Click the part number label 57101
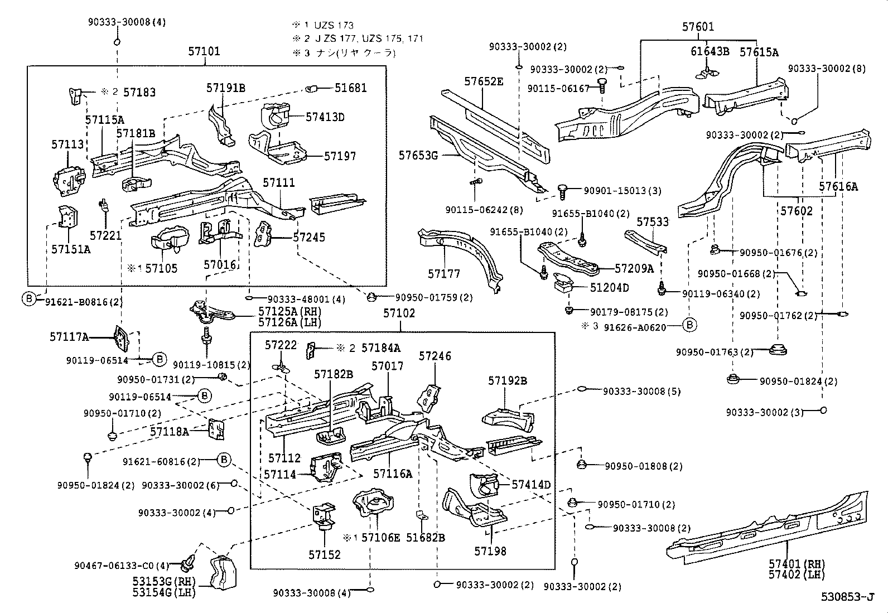(x=204, y=51)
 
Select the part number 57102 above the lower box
(x=399, y=313)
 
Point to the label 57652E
(x=484, y=81)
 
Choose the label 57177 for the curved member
(x=444, y=273)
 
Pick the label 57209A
(x=634, y=268)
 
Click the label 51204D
(x=610, y=288)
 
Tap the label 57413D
(x=325, y=117)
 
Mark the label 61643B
(x=710, y=52)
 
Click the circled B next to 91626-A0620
(x=690, y=325)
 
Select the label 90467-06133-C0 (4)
(x=122, y=566)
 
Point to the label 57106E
(x=380, y=538)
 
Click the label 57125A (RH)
(x=289, y=312)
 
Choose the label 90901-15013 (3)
(x=622, y=191)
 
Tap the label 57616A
(x=838, y=187)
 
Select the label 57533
(x=653, y=222)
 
